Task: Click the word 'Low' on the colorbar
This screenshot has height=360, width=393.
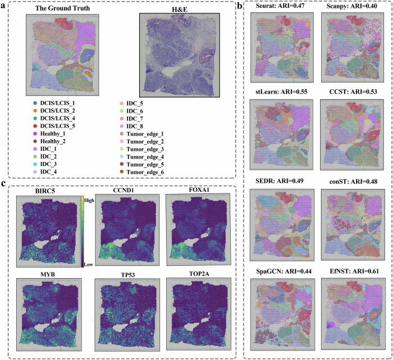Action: (x=89, y=264)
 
